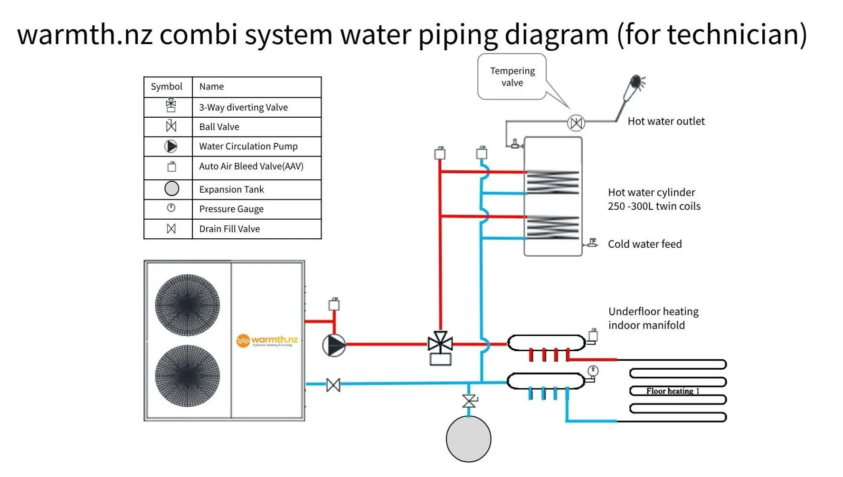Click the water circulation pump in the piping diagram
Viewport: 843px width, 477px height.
coord(334,345)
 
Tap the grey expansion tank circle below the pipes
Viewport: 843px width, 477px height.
coord(468,439)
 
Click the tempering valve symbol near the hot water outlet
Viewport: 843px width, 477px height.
coord(576,123)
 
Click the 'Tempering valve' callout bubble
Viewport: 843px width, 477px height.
coord(512,77)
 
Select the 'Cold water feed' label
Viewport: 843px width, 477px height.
coord(644,244)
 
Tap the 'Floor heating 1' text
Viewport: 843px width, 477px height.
coord(673,391)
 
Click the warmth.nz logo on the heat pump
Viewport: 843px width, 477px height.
coord(267,340)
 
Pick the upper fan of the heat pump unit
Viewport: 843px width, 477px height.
coord(188,305)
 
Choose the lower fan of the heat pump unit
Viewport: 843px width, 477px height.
coord(188,376)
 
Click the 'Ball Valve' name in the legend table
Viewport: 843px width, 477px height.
coord(219,127)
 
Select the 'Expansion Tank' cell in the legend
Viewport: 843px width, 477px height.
coord(231,189)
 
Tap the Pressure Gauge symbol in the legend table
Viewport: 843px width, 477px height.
coord(171,208)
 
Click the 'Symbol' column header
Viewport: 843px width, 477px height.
coord(166,86)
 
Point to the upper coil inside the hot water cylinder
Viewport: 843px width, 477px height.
coord(553,182)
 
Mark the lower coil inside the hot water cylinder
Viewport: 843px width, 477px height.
coord(553,227)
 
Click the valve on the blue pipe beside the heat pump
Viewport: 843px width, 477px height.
coord(333,385)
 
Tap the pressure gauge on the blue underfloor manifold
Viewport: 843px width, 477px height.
coord(593,371)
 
